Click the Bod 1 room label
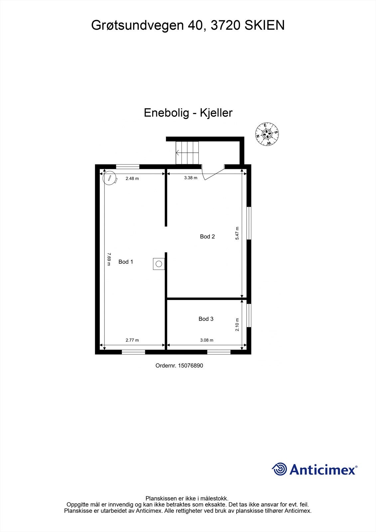pyautogui.click(x=126, y=262)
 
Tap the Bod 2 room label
pyautogui.click(x=207, y=237)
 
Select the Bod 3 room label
pyautogui.click(x=206, y=319)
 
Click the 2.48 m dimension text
pyautogui.click(x=132, y=179)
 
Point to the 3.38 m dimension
pyautogui.click(x=190, y=178)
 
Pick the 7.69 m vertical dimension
pyautogui.click(x=109, y=259)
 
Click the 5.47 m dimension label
pyautogui.click(x=237, y=233)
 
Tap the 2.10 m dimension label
pyautogui.click(x=237, y=325)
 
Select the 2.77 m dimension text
pyautogui.click(x=132, y=340)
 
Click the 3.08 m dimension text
pyautogui.click(x=206, y=340)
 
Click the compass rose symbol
pyautogui.click(x=267, y=134)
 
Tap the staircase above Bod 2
pyautogui.click(x=187, y=153)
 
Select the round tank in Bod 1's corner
pyautogui.click(x=109, y=178)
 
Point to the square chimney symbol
pyautogui.click(x=159, y=264)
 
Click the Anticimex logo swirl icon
pyautogui.click(x=279, y=469)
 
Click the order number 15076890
pyautogui.click(x=190, y=366)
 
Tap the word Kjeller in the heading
pyautogui.click(x=216, y=113)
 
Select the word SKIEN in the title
pyautogui.click(x=265, y=26)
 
